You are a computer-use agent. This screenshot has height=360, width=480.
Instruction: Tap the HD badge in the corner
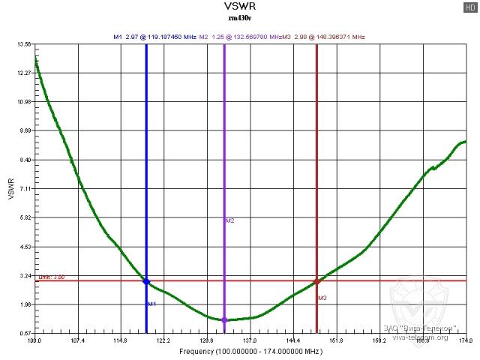[470, 7]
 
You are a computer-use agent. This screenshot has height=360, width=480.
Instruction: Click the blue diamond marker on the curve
[146, 281]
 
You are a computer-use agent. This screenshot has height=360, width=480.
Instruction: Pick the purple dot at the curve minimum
[224, 320]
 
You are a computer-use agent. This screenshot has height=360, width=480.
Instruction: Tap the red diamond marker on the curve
[316, 281]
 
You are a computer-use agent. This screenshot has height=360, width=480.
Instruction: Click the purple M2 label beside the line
[230, 220]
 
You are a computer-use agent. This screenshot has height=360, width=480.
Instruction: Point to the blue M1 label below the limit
[151, 304]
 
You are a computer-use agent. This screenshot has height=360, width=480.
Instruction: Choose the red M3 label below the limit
[322, 298]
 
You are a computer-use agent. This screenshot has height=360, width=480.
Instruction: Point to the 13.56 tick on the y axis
[24, 44]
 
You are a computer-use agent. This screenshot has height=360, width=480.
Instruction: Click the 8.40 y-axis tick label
[24, 160]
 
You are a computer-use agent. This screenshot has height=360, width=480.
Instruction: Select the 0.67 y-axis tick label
[24, 333]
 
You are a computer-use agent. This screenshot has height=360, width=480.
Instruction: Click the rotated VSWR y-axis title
[10, 189]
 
